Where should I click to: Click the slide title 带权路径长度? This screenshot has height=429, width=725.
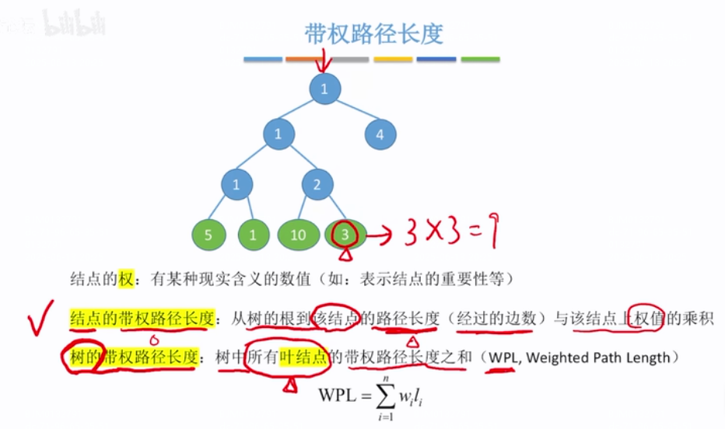tap(373, 33)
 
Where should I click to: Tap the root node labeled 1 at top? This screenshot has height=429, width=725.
tap(324, 88)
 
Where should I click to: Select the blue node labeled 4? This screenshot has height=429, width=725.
tap(380, 134)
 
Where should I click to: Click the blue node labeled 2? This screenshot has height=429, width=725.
tap(317, 185)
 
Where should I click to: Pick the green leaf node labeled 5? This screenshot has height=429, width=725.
tap(207, 235)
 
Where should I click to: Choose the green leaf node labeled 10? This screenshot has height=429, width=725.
tap(298, 235)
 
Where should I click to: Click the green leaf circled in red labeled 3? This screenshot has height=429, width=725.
tap(345, 235)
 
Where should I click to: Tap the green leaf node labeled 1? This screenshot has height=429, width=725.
tap(254, 235)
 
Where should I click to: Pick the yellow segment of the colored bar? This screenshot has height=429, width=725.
tap(393, 59)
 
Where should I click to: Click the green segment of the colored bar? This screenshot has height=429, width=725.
tap(480, 59)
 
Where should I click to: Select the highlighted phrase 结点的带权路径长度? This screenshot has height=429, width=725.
tap(141, 319)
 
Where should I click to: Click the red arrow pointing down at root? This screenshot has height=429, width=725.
tap(324, 59)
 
